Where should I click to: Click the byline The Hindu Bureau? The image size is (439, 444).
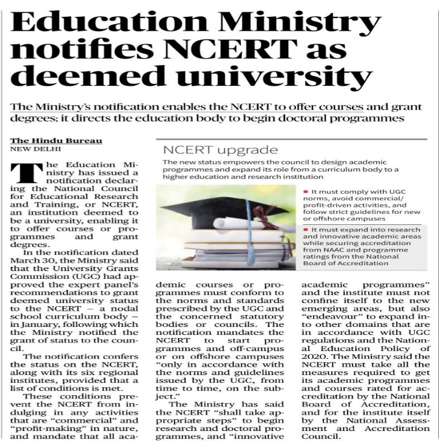click(56, 140)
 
